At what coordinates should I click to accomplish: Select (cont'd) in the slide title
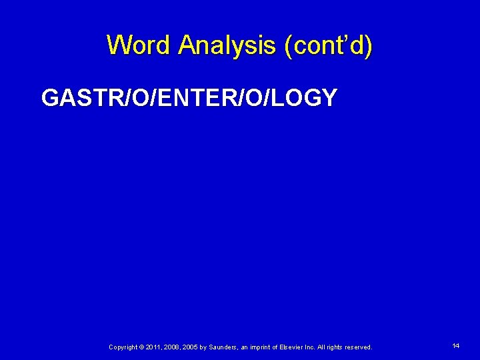point(328,45)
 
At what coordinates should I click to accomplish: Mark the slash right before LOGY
point(273,99)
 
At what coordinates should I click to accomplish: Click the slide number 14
point(456,346)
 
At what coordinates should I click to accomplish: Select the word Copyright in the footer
point(123,347)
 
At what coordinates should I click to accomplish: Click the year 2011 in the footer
point(152,347)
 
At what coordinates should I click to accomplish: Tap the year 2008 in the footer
point(171,347)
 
